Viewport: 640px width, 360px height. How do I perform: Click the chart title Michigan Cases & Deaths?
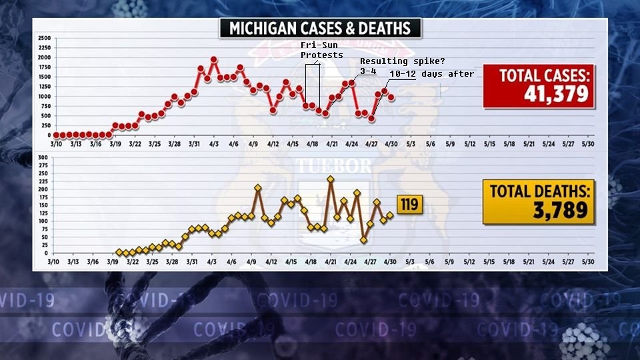click(321, 28)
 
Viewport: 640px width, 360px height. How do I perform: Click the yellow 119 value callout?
click(409, 203)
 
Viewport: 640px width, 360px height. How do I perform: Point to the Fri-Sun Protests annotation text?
click(322, 49)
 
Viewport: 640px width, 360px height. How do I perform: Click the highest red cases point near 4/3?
click(214, 59)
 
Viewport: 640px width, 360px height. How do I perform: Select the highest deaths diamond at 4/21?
click(331, 179)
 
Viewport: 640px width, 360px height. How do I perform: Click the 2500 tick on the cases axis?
click(43, 37)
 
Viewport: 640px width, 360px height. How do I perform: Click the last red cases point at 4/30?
click(391, 97)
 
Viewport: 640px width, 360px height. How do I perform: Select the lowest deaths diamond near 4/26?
click(363, 240)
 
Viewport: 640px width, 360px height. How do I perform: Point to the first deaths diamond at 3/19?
click(119, 252)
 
